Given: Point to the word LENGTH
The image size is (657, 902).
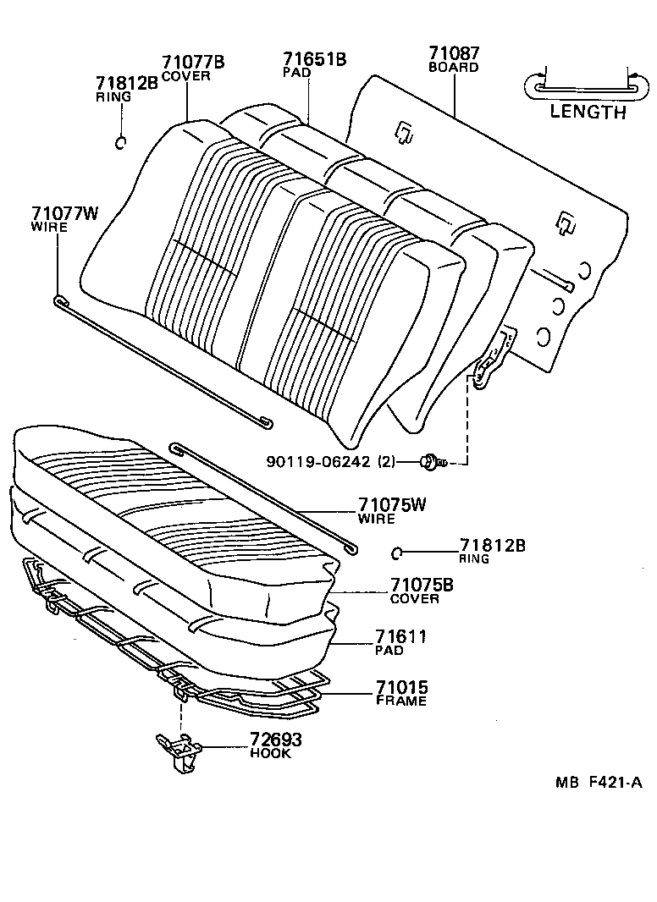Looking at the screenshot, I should tap(588, 112).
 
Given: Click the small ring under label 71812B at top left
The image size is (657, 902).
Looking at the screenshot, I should tap(121, 141).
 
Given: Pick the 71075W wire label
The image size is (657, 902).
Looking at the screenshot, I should tap(391, 506).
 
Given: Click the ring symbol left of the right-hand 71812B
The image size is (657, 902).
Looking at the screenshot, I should tap(397, 553).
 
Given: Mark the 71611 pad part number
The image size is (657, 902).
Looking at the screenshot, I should tap(400, 637).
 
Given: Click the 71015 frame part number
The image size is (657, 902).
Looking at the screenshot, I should tap(401, 687).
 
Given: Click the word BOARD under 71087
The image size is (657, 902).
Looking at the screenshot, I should tap(454, 68).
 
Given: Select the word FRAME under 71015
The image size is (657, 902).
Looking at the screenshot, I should tap(400, 701).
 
